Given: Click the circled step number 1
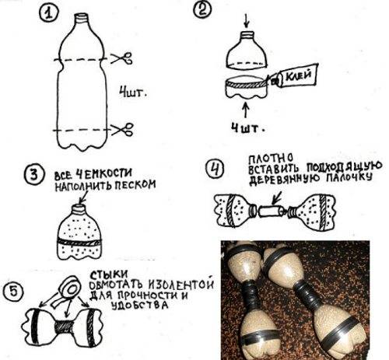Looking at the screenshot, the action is coord(48,13).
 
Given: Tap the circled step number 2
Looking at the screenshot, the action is coord(203,10).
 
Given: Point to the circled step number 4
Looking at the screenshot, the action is coord(216,170).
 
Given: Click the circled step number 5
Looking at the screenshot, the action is coord(13,291).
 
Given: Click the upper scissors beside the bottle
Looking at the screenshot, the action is coord(121,58).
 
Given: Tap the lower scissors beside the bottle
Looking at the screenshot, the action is coord(122,129).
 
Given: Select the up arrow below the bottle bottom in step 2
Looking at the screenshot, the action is coord(245,111).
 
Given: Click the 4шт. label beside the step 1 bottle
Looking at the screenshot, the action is coord(133,93).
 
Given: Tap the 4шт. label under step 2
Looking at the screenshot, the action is coord(248,128).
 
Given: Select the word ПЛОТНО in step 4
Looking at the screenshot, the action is coord(271,158).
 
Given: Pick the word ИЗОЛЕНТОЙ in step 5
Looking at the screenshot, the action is coord(181,284).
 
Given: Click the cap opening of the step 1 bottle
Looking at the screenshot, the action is coord(82,16).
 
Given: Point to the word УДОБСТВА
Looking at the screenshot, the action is coord(139,305).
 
